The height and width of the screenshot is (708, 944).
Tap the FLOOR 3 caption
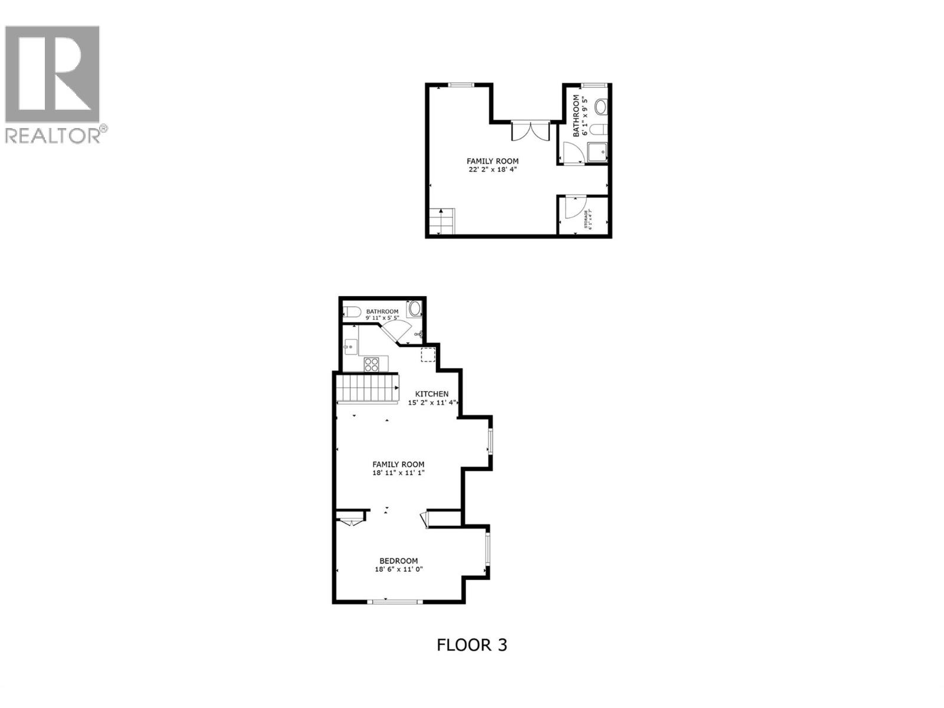(x=471, y=645)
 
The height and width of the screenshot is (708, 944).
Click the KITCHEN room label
(x=432, y=394)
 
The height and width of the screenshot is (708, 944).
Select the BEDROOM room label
(x=399, y=560)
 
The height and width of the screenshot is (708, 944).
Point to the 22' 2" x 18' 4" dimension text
(x=493, y=170)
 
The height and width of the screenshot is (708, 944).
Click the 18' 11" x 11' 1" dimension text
(x=398, y=473)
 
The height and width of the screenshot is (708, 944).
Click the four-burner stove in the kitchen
(x=372, y=365)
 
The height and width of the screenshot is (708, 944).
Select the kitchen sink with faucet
(x=350, y=346)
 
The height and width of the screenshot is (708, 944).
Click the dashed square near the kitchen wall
(x=428, y=355)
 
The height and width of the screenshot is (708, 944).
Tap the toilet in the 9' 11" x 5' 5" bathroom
(x=353, y=312)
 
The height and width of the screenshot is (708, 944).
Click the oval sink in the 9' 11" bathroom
(x=415, y=309)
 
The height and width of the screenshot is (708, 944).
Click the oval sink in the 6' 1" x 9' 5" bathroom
(x=601, y=107)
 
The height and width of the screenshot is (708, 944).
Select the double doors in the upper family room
(x=530, y=131)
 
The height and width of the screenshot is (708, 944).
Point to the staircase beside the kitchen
(x=366, y=389)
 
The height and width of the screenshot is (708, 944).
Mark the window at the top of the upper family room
(x=462, y=85)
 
